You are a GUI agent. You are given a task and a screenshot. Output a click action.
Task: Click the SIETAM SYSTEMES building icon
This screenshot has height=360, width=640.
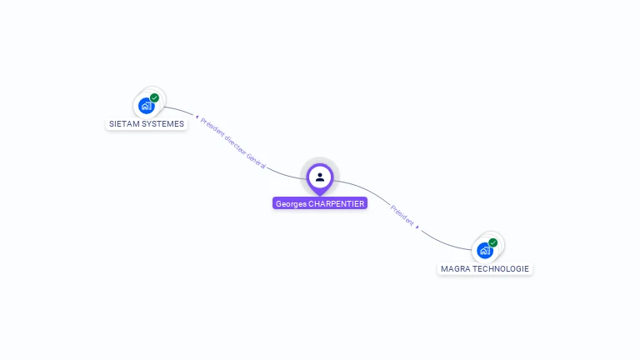coord(146,106)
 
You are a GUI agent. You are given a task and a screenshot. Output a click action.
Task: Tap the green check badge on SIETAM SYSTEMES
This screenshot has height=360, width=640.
coord(154,97)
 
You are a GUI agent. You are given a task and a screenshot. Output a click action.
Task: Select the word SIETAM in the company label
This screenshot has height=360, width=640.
coord(123,124)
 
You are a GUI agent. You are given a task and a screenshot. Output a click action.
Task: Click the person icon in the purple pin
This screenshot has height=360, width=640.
coord(320,177)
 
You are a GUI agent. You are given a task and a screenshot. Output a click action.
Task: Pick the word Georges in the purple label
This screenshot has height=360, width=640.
coord(291,203)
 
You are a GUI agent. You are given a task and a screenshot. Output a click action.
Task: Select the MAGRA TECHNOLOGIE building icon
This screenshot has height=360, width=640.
coord(484,250)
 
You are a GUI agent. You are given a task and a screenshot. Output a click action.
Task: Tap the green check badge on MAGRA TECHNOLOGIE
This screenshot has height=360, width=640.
coord(492,242)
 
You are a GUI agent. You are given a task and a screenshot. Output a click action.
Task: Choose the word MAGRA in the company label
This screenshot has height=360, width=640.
coord(455,269)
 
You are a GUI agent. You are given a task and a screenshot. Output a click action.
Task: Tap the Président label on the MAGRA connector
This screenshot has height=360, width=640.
coord(401,215)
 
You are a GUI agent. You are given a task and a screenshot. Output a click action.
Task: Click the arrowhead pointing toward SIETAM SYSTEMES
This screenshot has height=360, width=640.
coord(197,117)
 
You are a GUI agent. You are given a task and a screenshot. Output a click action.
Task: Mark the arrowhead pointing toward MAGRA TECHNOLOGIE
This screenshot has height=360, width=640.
coord(417,226)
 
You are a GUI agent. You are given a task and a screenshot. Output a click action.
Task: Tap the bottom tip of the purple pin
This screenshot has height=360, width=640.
coord(320,194)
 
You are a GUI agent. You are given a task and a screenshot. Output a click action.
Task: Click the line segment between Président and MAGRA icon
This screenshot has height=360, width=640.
coord(442,242)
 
